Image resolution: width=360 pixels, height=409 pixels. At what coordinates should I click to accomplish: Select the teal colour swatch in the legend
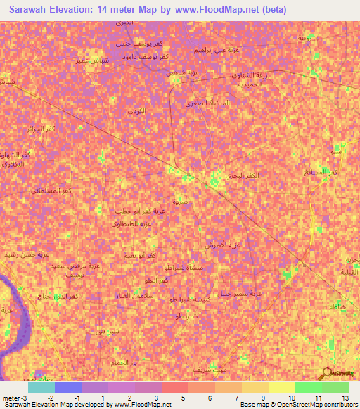tap(41, 387)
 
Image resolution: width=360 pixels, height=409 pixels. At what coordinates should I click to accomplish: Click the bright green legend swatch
tap(308, 387)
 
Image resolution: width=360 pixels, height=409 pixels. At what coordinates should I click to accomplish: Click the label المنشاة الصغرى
tap(209, 103)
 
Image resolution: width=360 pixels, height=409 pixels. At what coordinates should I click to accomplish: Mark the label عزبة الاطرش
tap(224, 245)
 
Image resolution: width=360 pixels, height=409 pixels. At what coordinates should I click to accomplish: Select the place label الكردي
tap(137, 112)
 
